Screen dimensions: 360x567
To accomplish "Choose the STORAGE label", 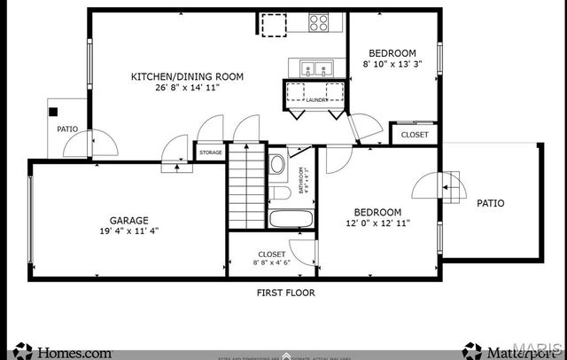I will pyautogui.click(x=211, y=153).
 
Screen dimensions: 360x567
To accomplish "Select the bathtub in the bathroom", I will pyautogui.click(x=291, y=219).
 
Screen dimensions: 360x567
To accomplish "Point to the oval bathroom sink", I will pyautogui.click(x=276, y=164).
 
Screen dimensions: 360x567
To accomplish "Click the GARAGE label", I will pyautogui.click(x=129, y=221).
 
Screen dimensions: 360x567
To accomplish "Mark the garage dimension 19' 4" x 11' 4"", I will pyautogui.click(x=129, y=232).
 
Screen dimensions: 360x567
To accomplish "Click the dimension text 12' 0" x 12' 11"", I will pyautogui.click(x=377, y=223).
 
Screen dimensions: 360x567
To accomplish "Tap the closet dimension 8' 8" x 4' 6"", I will pyautogui.click(x=271, y=263).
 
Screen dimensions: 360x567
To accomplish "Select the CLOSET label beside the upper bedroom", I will pyautogui.click(x=415, y=135).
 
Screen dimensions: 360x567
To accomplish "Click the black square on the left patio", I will pyautogui.click(x=53, y=112).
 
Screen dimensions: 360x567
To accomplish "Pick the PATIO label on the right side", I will pyautogui.click(x=490, y=203).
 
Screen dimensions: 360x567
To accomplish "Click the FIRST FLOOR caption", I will pyautogui.click(x=285, y=292).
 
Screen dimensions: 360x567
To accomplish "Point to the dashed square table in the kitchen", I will pyautogui.click(x=274, y=25).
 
